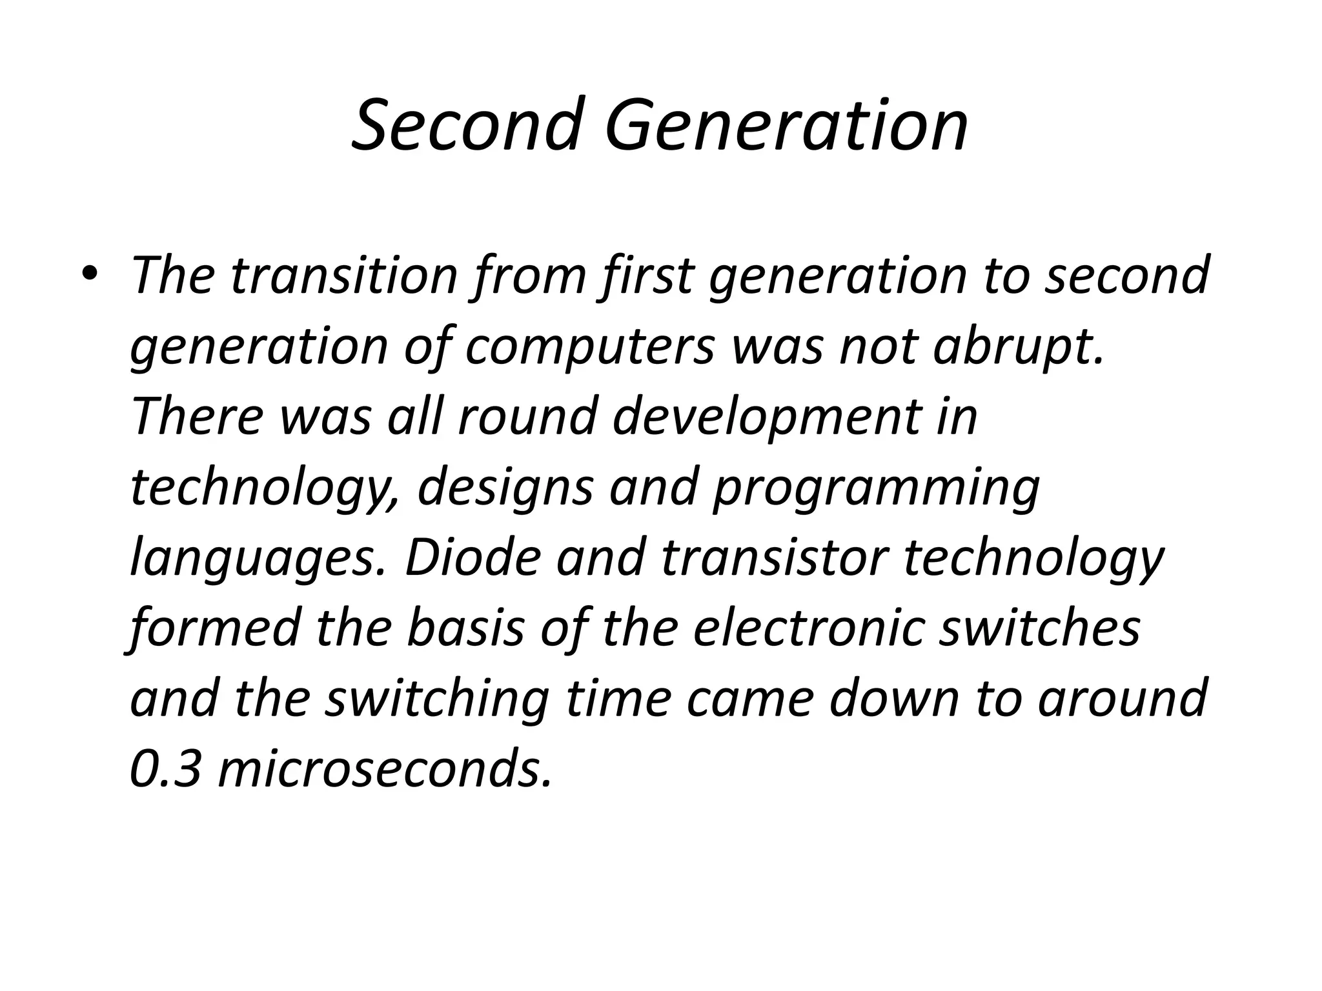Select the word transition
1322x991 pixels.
(x=343, y=275)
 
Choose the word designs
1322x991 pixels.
(x=504, y=488)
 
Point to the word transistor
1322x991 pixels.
(x=773, y=557)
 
